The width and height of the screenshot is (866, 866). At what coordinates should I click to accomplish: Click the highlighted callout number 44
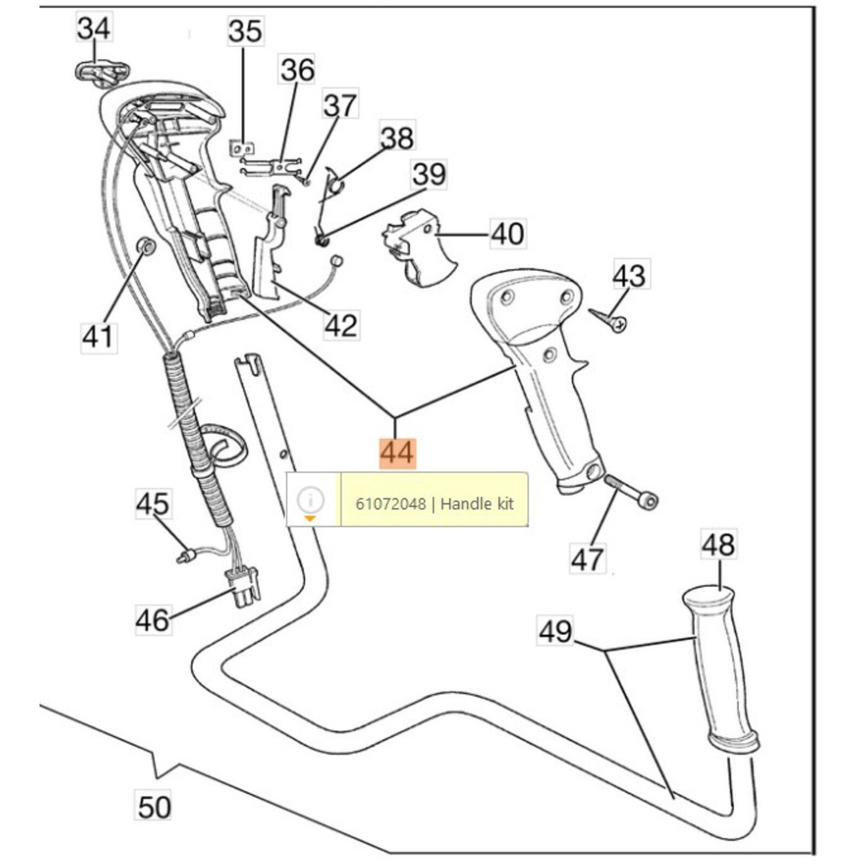tap(397, 452)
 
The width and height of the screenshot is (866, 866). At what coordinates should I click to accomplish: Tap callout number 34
tap(94, 28)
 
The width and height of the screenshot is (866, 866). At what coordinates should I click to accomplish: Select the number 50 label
tap(154, 806)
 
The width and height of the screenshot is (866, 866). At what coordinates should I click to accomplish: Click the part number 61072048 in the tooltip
tap(390, 504)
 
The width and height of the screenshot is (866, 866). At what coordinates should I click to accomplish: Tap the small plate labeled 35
tap(241, 147)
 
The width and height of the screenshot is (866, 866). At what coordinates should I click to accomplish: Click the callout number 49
tap(555, 631)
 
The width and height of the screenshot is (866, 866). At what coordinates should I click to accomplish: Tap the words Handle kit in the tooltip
tap(477, 504)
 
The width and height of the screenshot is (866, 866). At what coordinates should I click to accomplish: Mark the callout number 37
tap(340, 105)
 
